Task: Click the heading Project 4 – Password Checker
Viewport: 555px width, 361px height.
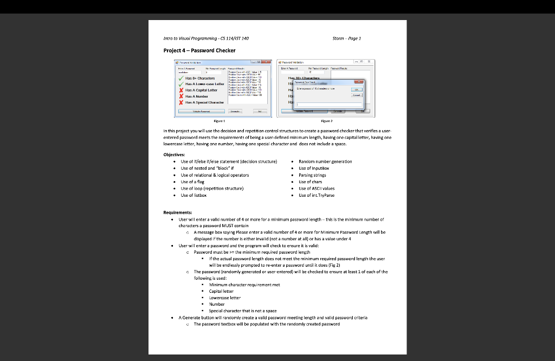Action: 199,50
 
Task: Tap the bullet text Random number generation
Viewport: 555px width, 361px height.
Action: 325,162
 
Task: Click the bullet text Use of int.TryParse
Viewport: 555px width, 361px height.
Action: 317,195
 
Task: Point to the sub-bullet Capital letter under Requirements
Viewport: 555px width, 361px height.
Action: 221,291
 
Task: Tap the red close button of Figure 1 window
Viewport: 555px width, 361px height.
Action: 266,63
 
